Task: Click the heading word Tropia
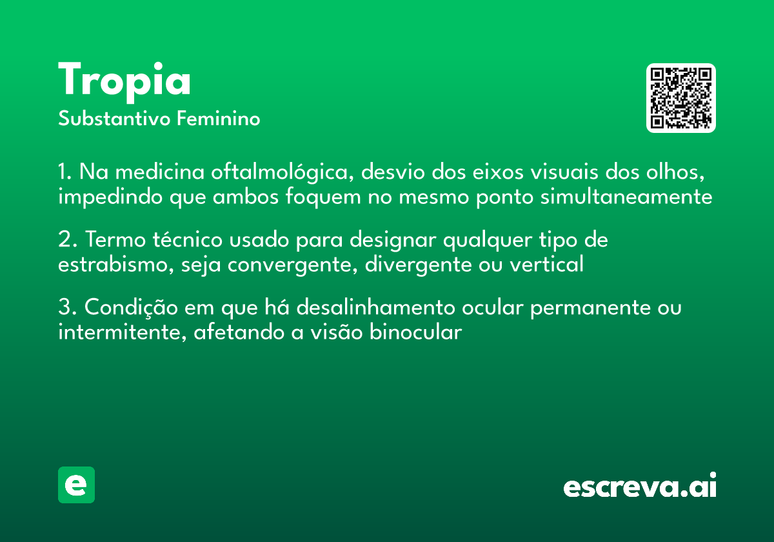pos(124,81)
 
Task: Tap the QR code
pos(681,98)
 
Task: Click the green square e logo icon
pos(76,485)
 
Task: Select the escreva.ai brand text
pos(640,487)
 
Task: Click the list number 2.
pos(65,241)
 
